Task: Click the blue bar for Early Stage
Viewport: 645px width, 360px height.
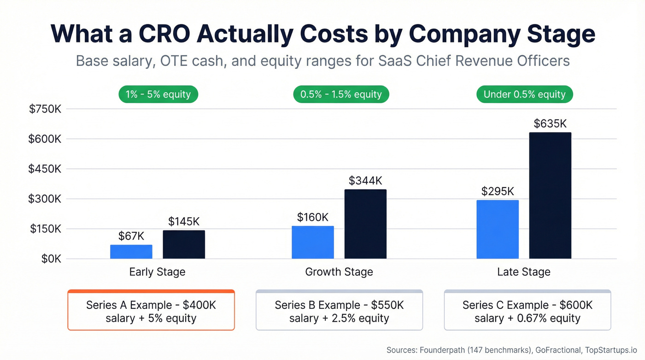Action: [x=131, y=252]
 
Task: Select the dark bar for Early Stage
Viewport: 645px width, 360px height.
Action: [x=184, y=244]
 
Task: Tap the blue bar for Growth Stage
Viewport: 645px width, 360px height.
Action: [x=313, y=242]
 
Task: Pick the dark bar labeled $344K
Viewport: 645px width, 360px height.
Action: [x=365, y=224]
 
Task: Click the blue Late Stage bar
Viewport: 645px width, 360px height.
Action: [x=498, y=229]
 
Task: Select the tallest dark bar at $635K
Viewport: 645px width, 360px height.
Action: [x=550, y=195]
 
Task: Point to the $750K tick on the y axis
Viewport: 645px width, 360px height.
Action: [x=45, y=109]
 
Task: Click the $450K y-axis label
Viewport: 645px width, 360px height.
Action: [x=45, y=169]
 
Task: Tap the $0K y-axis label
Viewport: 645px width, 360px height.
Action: [x=51, y=259]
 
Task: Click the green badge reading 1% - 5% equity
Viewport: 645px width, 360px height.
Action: [x=158, y=94]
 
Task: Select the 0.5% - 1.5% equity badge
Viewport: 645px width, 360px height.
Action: [x=341, y=94]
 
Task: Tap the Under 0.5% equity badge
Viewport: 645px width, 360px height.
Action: [x=524, y=94]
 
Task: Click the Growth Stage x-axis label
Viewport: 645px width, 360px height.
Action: [x=339, y=272]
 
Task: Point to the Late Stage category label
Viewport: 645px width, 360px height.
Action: [x=524, y=272]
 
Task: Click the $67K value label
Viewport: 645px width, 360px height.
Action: [x=131, y=236]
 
